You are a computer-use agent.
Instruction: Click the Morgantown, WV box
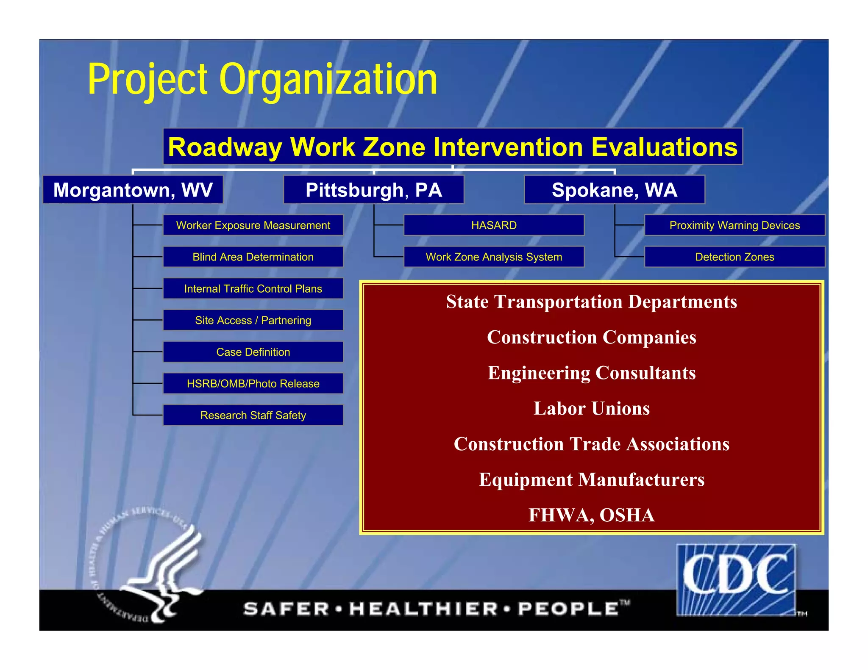(133, 190)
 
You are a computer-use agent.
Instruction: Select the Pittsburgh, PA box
(373, 190)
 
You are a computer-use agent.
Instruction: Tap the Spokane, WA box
(614, 190)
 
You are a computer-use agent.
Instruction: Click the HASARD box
(494, 225)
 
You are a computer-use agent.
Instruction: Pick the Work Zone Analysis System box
(494, 257)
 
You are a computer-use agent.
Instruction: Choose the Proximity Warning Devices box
(734, 225)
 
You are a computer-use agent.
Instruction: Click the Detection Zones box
(734, 257)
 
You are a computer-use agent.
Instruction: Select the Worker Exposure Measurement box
(253, 225)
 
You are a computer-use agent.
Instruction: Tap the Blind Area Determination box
(253, 257)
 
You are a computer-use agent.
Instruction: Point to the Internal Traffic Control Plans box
(253, 289)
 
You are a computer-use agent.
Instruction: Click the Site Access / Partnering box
(253, 321)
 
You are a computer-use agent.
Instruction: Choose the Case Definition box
(253, 352)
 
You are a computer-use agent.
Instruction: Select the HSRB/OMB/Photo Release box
(253, 384)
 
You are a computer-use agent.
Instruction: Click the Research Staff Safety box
(253, 415)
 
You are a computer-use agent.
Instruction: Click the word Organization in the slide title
(328, 80)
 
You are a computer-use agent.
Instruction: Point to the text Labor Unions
(591, 409)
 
